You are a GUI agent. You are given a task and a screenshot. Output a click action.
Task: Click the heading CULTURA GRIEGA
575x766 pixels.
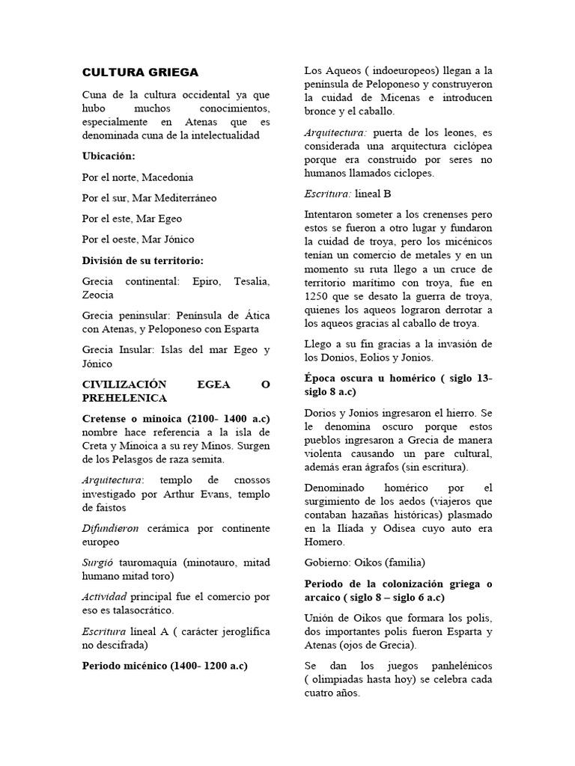coord(140,73)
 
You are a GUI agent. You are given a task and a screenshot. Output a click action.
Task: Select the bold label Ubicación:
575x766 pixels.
coord(109,156)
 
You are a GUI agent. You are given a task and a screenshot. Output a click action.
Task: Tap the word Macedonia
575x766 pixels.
coord(167,177)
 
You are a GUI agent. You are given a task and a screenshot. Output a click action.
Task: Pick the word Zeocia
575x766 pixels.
coord(99,295)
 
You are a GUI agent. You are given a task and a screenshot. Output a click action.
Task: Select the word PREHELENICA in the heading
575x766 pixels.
coord(124,398)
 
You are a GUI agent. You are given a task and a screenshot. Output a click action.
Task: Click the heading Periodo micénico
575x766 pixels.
coord(165,665)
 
